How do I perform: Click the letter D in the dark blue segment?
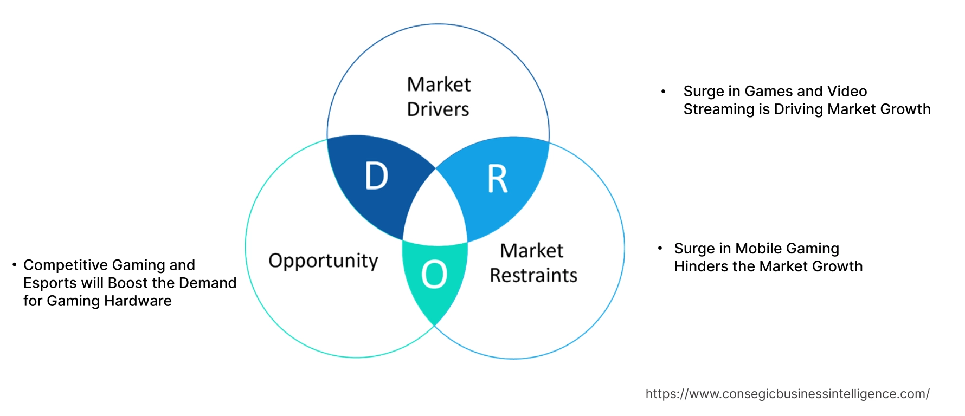[x=376, y=176]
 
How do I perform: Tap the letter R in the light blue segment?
[x=497, y=179]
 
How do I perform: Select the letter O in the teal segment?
[x=434, y=274]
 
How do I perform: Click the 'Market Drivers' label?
[x=439, y=97]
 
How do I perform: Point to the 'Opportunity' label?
[x=323, y=261]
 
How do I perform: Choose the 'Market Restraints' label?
[x=533, y=263]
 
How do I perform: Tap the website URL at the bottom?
[x=787, y=394]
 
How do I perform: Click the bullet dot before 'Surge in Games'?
[x=663, y=92]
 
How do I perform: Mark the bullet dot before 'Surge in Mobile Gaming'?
[x=660, y=248]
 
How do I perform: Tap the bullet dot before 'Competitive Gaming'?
[x=14, y=265]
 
